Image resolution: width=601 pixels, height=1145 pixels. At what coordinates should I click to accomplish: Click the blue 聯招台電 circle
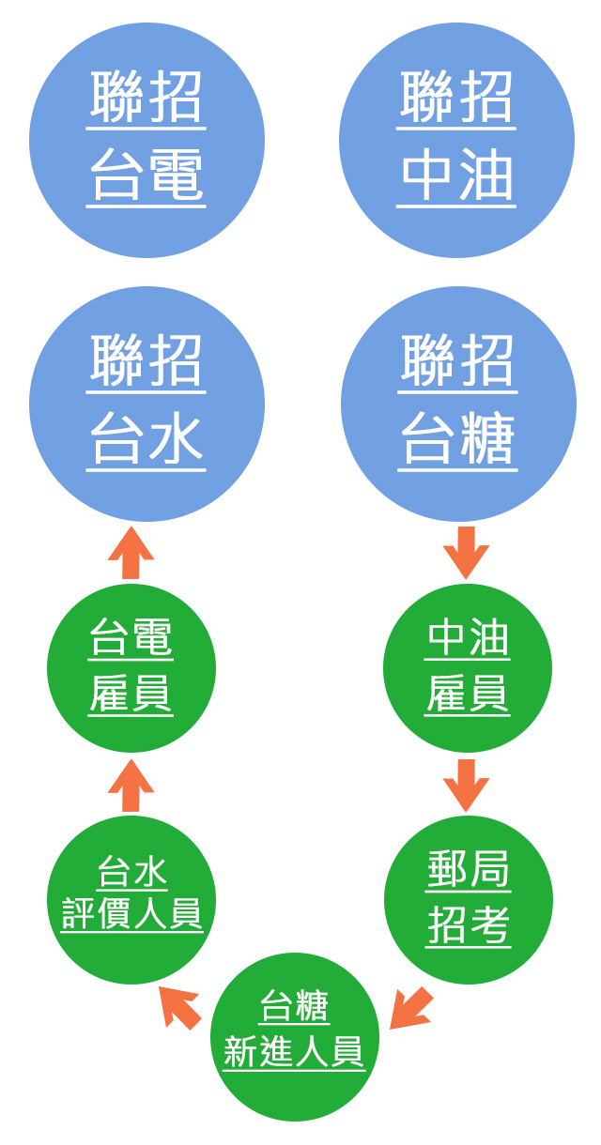point(146,140)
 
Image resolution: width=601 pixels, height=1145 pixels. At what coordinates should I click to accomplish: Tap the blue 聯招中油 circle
point(456,140)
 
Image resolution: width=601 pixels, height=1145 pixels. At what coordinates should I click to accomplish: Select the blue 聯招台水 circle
point(146,404)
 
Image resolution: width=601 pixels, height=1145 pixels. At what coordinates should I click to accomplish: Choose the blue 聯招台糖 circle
point(459,404)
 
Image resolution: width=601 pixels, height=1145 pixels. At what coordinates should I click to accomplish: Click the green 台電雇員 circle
point(131,668)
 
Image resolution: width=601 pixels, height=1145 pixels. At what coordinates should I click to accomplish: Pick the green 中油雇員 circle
point(468,668)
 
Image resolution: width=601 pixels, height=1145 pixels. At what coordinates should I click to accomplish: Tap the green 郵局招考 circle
point(469,900)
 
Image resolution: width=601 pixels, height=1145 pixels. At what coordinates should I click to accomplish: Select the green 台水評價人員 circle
point(131,900)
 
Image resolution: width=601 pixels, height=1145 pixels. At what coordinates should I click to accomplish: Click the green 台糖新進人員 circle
point(295,1037)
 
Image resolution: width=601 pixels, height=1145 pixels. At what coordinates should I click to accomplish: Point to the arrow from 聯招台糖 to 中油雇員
point(467,553)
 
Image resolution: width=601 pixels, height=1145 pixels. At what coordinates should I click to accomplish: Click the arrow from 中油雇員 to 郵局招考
point(467,786)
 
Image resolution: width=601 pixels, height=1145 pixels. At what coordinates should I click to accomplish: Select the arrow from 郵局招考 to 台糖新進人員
point(410,1009)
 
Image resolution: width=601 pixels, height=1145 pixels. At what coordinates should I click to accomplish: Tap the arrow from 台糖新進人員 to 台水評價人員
point(180,1007)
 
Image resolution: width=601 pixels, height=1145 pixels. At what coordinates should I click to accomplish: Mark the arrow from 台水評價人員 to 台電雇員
point(131,786)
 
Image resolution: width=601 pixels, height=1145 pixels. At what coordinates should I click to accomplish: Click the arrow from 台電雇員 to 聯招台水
point(131,553)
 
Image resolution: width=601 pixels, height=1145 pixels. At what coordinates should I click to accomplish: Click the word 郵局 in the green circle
point(468,869)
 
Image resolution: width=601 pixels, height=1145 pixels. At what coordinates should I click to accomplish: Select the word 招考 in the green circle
point(468,924)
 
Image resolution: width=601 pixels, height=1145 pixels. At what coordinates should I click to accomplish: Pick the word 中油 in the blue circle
point(456,176)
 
